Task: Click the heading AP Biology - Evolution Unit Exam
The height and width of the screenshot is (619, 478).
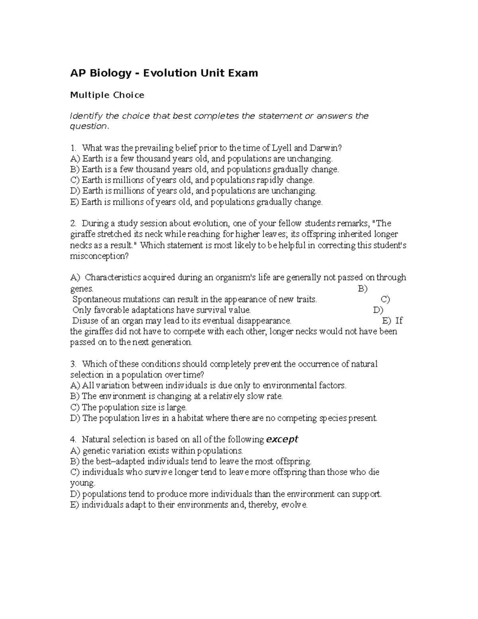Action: pos(164,73)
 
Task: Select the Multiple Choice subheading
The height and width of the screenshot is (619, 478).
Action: pos(107,95)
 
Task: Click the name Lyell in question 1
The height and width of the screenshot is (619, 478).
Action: pos(282,148)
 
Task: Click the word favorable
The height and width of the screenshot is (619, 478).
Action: pos(112,310)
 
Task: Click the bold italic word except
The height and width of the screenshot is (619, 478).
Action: pos(282,439)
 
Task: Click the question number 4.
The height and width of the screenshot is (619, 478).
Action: pos(72,440)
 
